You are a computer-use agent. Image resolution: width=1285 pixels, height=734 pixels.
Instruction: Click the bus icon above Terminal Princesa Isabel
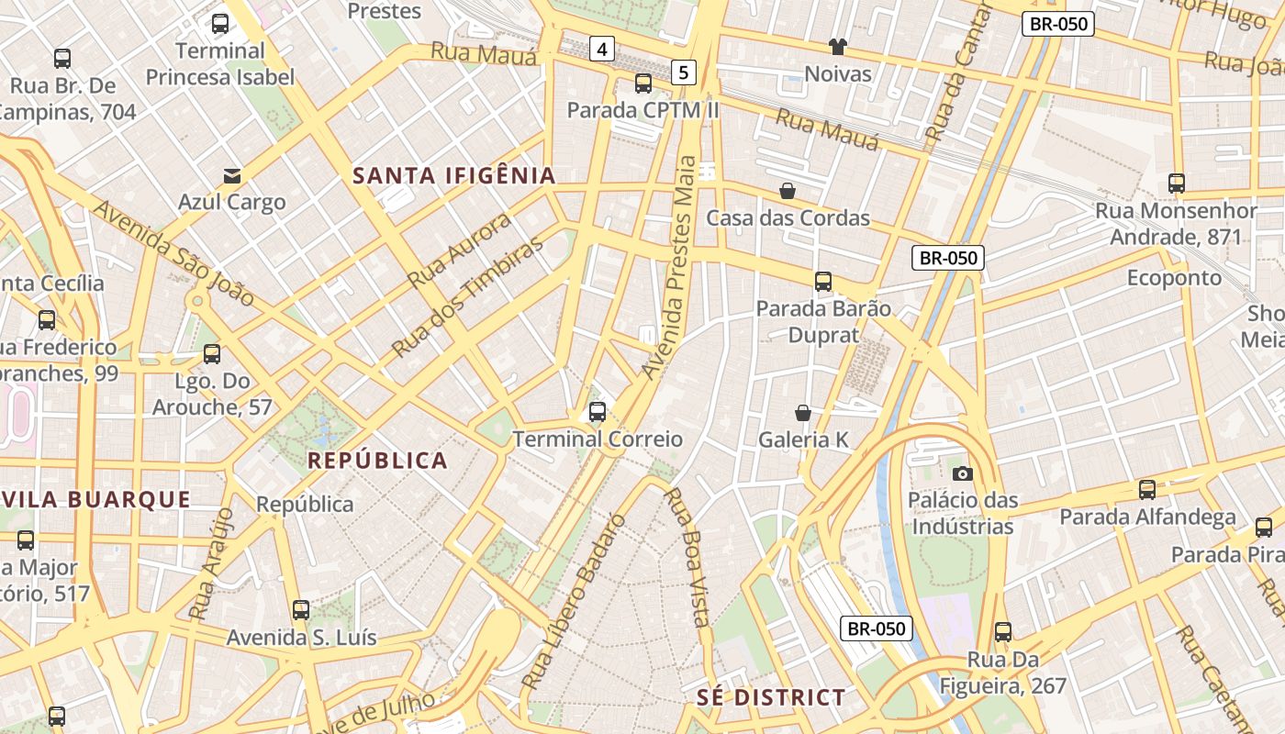[220, 24]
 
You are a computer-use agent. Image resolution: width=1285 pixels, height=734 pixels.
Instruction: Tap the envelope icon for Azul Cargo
[232, 175]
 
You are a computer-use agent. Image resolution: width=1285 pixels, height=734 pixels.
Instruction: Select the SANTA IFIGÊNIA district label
[454, 175]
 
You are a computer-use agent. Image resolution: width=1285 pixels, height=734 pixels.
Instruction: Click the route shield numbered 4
[601, 49]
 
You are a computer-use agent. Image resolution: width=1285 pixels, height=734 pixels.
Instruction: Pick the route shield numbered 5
[683, 72]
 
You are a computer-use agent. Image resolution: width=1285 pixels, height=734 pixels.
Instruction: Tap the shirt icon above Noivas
[837, 46]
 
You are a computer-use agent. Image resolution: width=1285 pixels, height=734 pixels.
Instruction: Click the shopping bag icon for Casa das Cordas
[788, 191]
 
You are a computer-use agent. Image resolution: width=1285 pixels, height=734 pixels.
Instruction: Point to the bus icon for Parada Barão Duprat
[823, 282]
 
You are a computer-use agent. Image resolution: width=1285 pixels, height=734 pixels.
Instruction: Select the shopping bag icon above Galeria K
[803, 413]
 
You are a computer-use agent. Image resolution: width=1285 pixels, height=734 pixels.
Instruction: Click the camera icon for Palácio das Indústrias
[963, 473]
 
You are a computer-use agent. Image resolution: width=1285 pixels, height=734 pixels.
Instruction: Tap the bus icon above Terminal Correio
[598, 412]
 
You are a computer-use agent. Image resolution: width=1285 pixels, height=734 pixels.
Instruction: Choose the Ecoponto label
[1174, 278]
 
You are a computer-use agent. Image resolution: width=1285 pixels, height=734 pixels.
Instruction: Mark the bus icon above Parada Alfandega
[1147, 490]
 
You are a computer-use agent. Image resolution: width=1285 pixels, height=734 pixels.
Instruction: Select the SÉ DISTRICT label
[770, 697]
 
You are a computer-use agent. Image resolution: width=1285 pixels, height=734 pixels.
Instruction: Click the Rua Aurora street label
[459, 250]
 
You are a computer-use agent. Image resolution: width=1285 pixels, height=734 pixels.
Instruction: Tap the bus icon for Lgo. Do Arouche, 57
[212, 354]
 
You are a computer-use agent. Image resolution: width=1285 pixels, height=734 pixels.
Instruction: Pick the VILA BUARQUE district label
[96, 500]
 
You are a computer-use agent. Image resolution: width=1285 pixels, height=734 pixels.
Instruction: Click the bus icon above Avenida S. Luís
[301, 610]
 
